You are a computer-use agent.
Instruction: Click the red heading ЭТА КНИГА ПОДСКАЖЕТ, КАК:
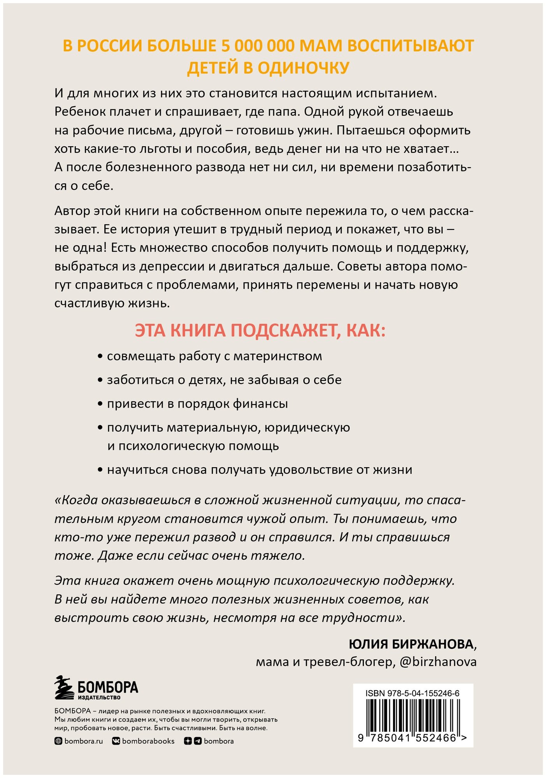click(x=260, y=331)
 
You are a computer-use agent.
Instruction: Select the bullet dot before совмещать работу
click(x=100, y=357)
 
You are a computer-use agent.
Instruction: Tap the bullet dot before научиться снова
click(x=100, y=470)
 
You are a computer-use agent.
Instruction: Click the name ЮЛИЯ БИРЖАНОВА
click(x=411, y=644)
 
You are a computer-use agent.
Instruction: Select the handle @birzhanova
click(x=438, y=662)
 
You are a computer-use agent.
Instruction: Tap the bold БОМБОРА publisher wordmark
click(x=108, y=687)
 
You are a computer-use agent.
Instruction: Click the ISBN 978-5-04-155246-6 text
click(x=412, y=693)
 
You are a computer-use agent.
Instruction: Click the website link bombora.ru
click(x=83, y=741)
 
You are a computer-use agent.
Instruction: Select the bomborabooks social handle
click(x=148, y=741)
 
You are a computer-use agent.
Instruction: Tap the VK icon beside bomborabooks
click(x=116, y=741)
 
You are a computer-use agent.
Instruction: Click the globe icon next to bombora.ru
click(x=58, y=741)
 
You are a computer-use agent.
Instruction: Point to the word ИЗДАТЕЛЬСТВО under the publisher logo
click(x=99, y=697)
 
